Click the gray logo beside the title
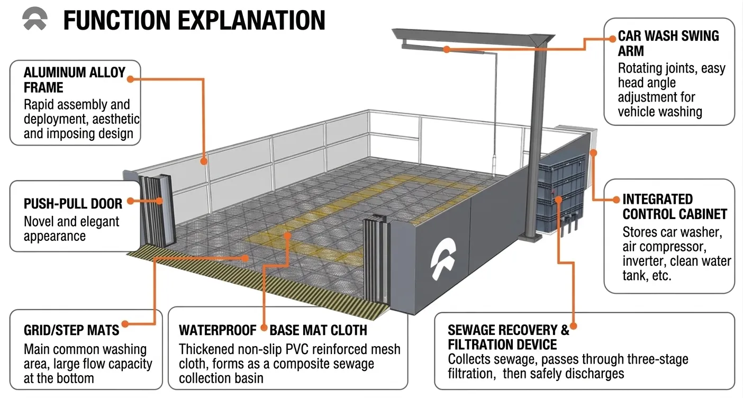(x=35, y=19)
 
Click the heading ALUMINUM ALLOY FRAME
(x=75, y=80)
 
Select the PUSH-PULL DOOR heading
(x=73, y=204)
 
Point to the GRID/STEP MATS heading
(x=71, y=330)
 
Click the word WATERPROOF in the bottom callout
(x=218, y=330)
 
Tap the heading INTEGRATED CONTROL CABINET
(x=675, y=206)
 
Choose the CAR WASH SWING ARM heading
(x=668, y=43)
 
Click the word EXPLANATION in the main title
(x=251, y=20)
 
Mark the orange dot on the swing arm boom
(x=447, y=49)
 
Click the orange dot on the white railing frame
(x=204, y=161)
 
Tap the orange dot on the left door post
(x=159, y=201)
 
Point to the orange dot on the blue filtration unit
(x=559, y=200)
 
